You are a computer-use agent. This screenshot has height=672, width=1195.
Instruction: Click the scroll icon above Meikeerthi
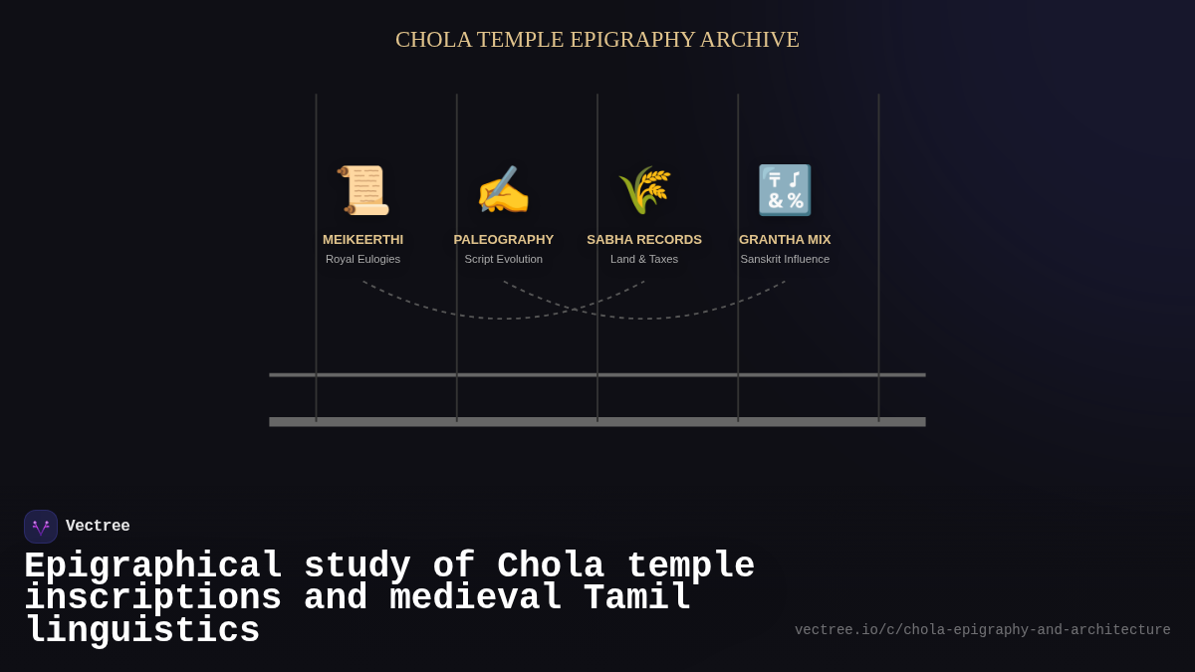coord(363,190)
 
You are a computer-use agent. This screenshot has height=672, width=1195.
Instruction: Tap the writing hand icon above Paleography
coord(504,190)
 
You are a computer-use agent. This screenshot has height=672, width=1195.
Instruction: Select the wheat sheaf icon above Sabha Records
coord(644,190)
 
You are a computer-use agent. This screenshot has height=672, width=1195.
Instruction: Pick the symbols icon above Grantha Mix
coord(785,190)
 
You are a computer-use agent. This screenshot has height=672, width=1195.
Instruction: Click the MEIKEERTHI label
coord(362,240)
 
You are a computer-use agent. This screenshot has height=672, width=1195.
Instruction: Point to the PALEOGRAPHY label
coord(504,240)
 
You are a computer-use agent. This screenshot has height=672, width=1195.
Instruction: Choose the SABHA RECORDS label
coord(644,240)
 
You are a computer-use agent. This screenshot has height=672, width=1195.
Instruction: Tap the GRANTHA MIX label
coord(785,240)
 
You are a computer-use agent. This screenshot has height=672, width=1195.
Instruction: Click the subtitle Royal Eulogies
coord(362,259)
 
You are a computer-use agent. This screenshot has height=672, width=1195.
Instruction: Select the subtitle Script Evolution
coord(504,259)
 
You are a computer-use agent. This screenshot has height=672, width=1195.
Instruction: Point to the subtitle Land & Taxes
coord(644,259)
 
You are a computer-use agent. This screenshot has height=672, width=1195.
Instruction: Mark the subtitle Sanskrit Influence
coord(785,259)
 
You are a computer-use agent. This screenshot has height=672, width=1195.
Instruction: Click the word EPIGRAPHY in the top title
coord(632,40)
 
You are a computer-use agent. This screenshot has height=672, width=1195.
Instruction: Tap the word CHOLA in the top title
coord(433,40)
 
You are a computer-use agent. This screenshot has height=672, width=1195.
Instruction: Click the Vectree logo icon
coord(41,527)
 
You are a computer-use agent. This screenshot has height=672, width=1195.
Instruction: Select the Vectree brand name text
coord(98,527)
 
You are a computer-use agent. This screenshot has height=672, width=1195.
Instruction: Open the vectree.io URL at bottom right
coord(982,630)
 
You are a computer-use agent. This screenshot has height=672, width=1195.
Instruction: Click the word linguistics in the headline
coord(142,631)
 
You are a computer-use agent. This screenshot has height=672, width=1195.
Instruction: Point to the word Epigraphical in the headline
coord(153,566)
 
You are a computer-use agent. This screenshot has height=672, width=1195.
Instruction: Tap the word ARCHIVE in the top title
coord(749,40)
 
